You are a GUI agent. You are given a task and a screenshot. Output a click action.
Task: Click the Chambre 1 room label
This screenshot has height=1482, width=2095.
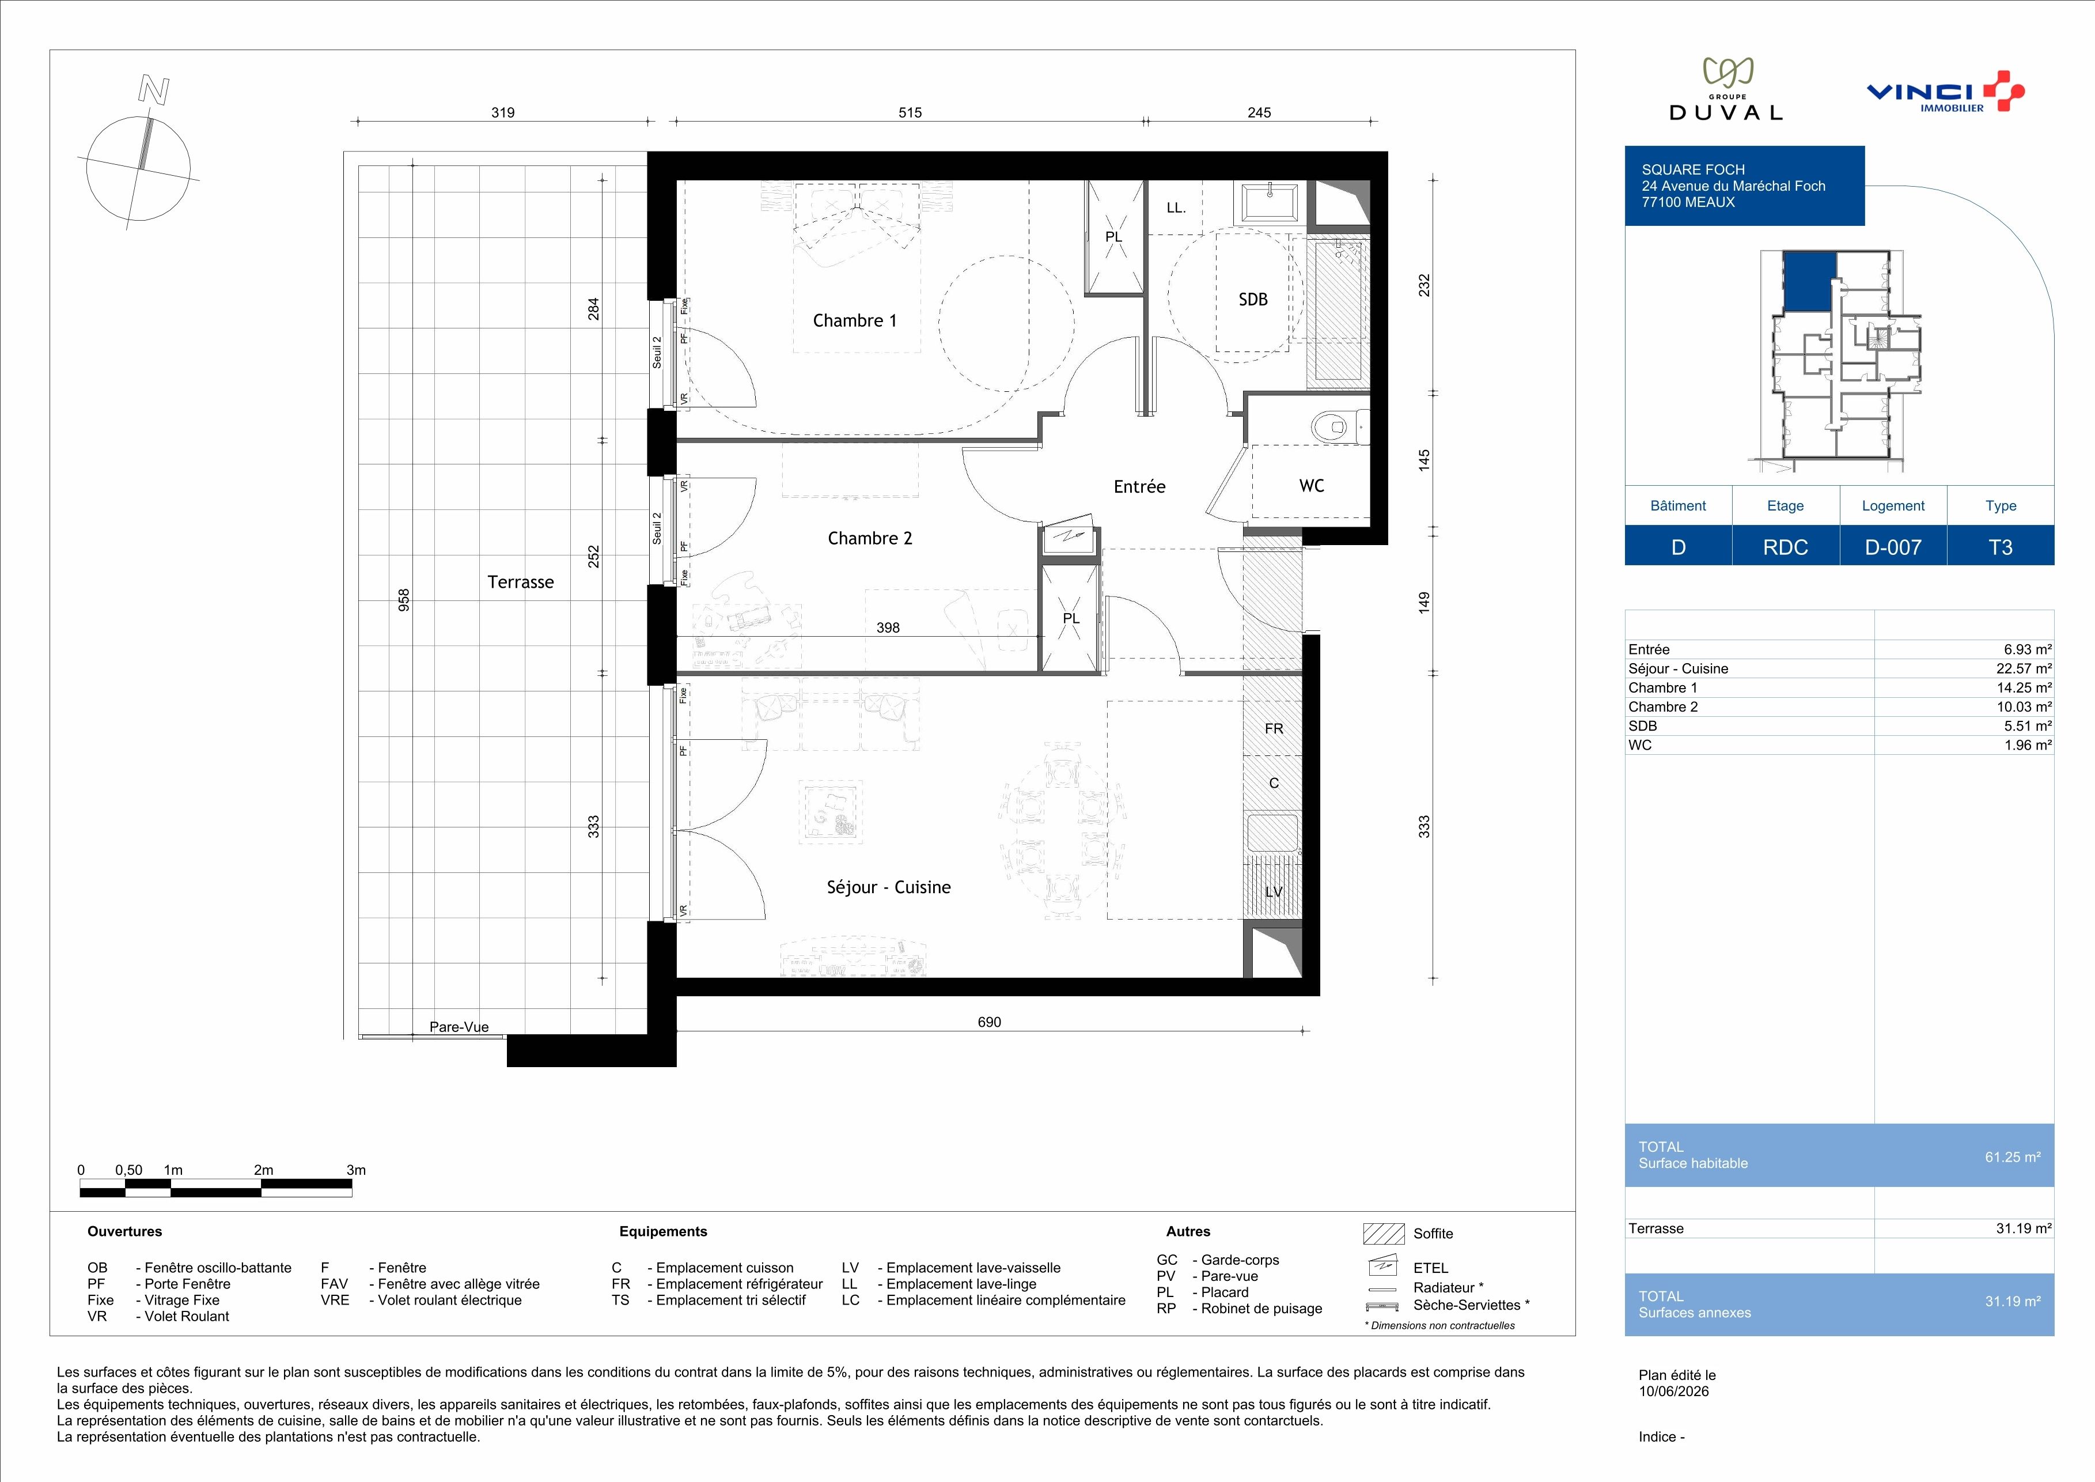tap(854, 320)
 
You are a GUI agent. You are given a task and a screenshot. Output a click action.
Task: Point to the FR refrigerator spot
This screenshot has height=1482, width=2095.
tap(1274, 728)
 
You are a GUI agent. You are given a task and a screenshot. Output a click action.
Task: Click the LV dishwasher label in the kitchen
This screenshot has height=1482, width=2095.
tap(1274, 891)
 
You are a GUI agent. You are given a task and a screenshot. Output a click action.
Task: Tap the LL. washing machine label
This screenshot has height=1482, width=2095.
tap(1176, 208)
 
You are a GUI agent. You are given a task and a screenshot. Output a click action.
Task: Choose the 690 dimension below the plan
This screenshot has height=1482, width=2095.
tap(989, 1022)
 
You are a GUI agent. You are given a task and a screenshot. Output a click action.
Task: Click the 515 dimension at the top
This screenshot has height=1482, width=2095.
tap(910, 112)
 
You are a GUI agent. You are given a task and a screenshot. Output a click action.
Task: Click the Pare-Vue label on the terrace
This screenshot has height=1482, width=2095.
tap(459, 1027)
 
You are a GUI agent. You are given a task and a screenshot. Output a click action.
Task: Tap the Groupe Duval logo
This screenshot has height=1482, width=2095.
tap(1725, 89)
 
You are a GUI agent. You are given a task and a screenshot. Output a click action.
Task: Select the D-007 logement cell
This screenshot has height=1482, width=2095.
tap(1893, 547)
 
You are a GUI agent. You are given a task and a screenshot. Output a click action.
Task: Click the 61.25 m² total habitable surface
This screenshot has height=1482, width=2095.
tap(2013, 1157)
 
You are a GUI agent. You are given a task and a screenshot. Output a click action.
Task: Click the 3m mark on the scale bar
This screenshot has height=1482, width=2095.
tap(356, 1170)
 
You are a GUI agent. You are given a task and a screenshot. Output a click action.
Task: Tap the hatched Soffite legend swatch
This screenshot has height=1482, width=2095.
tap(1383, 1234)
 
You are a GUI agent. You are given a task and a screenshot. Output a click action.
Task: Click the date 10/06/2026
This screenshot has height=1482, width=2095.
tap(1673, 1392)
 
